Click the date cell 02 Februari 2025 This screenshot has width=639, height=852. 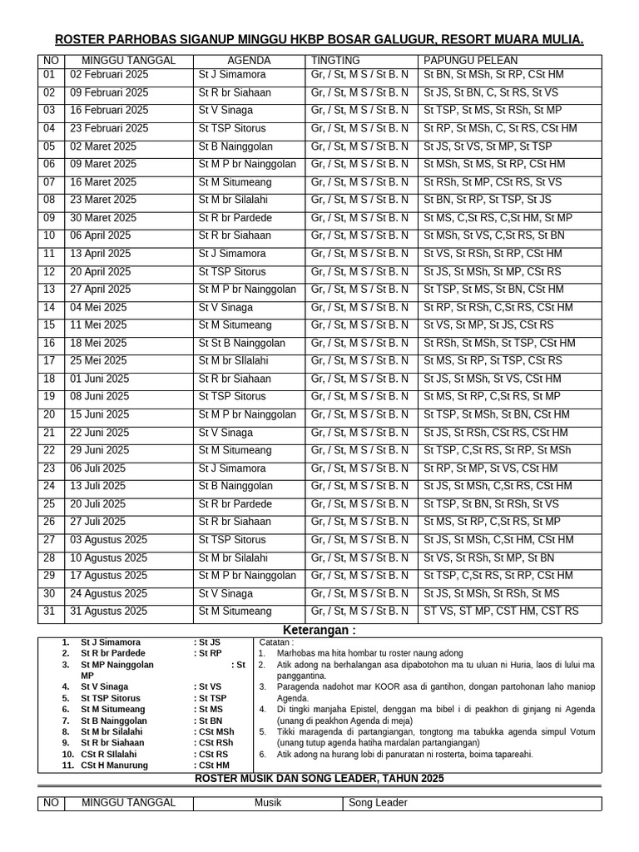[109, 75]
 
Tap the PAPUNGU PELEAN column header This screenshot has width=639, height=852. [470, 61]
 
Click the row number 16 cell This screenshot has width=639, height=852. [49, 344]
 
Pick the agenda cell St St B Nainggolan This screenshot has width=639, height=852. [241, 344]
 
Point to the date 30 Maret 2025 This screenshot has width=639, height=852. [103, 218]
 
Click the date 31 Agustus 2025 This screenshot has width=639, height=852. [108, 612]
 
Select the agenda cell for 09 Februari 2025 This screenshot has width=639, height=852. [234, 93]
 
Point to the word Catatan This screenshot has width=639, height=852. [276, 643]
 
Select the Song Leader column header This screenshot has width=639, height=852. [378, 803]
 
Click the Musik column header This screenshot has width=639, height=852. [268, 803]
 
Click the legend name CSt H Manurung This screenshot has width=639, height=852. [115, 765]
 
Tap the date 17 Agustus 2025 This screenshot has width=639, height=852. [108, 576]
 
